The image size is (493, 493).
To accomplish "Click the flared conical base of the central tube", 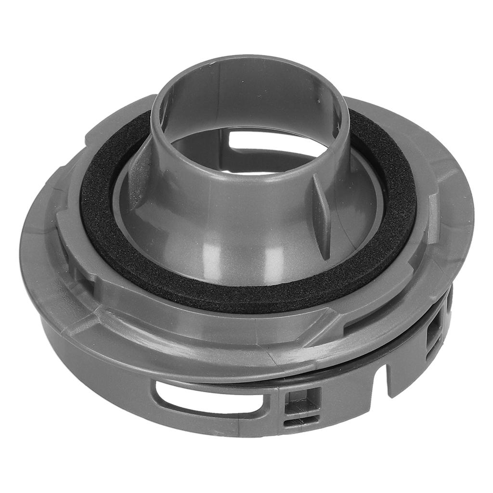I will pos(241,241).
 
